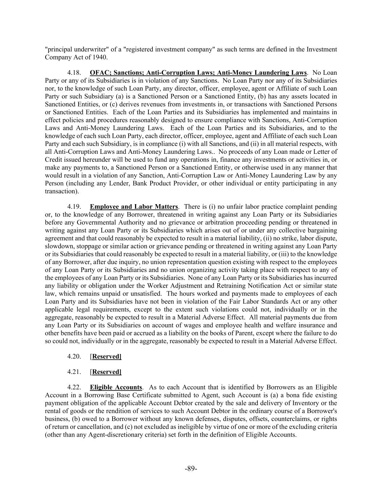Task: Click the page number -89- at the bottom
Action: pyautogui.click(x=191, y=469)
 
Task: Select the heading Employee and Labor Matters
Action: pyautogui.click(x=134, y=207)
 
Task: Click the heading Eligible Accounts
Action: pyautogui.click(x=116, y=387)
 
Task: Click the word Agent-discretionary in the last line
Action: pyautogui.click(x=114, y=434)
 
